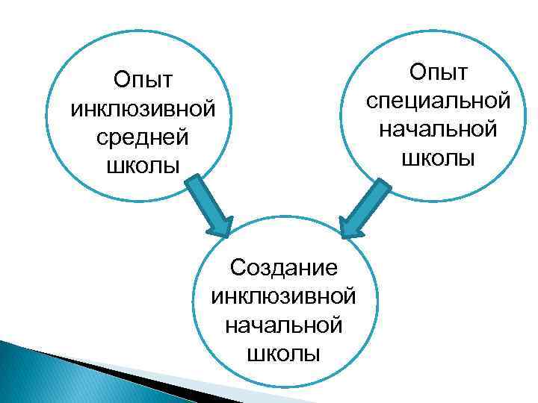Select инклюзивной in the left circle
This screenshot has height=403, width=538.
point(143,109)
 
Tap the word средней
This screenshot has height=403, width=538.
point(143,137)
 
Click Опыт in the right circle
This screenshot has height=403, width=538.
point(438,72)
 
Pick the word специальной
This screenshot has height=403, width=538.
point(438,101)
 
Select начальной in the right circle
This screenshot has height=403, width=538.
point(438,129)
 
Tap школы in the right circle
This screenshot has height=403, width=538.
point(438,157)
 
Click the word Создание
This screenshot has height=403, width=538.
point(284,266)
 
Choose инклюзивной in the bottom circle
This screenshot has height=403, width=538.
point(284,296)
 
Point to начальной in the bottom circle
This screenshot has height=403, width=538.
point(284,324)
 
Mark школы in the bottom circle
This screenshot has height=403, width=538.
point(284,352)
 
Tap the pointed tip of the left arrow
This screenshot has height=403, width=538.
point(224,234)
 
